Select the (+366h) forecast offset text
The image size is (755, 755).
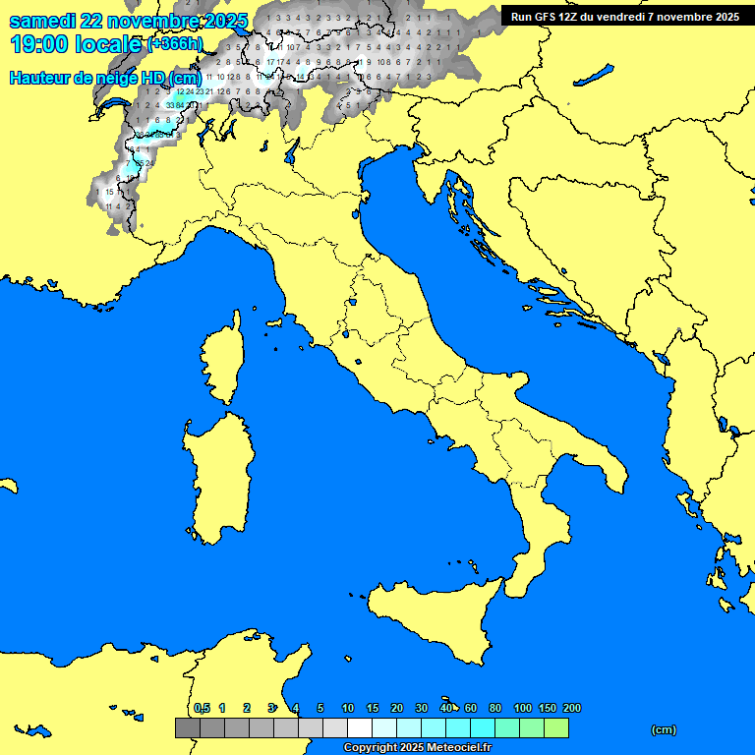175,44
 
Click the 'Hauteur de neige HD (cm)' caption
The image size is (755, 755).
105,79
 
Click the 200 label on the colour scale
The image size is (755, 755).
572,708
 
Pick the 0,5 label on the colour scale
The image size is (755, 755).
202,708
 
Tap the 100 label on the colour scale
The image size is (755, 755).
523,708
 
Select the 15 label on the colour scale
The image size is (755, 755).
373,708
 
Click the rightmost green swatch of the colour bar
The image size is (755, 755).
556,727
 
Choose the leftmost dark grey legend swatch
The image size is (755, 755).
188,727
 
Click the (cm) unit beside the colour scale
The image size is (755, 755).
664,729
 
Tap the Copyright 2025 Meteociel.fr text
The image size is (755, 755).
417,747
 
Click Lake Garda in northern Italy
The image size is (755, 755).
292,150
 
